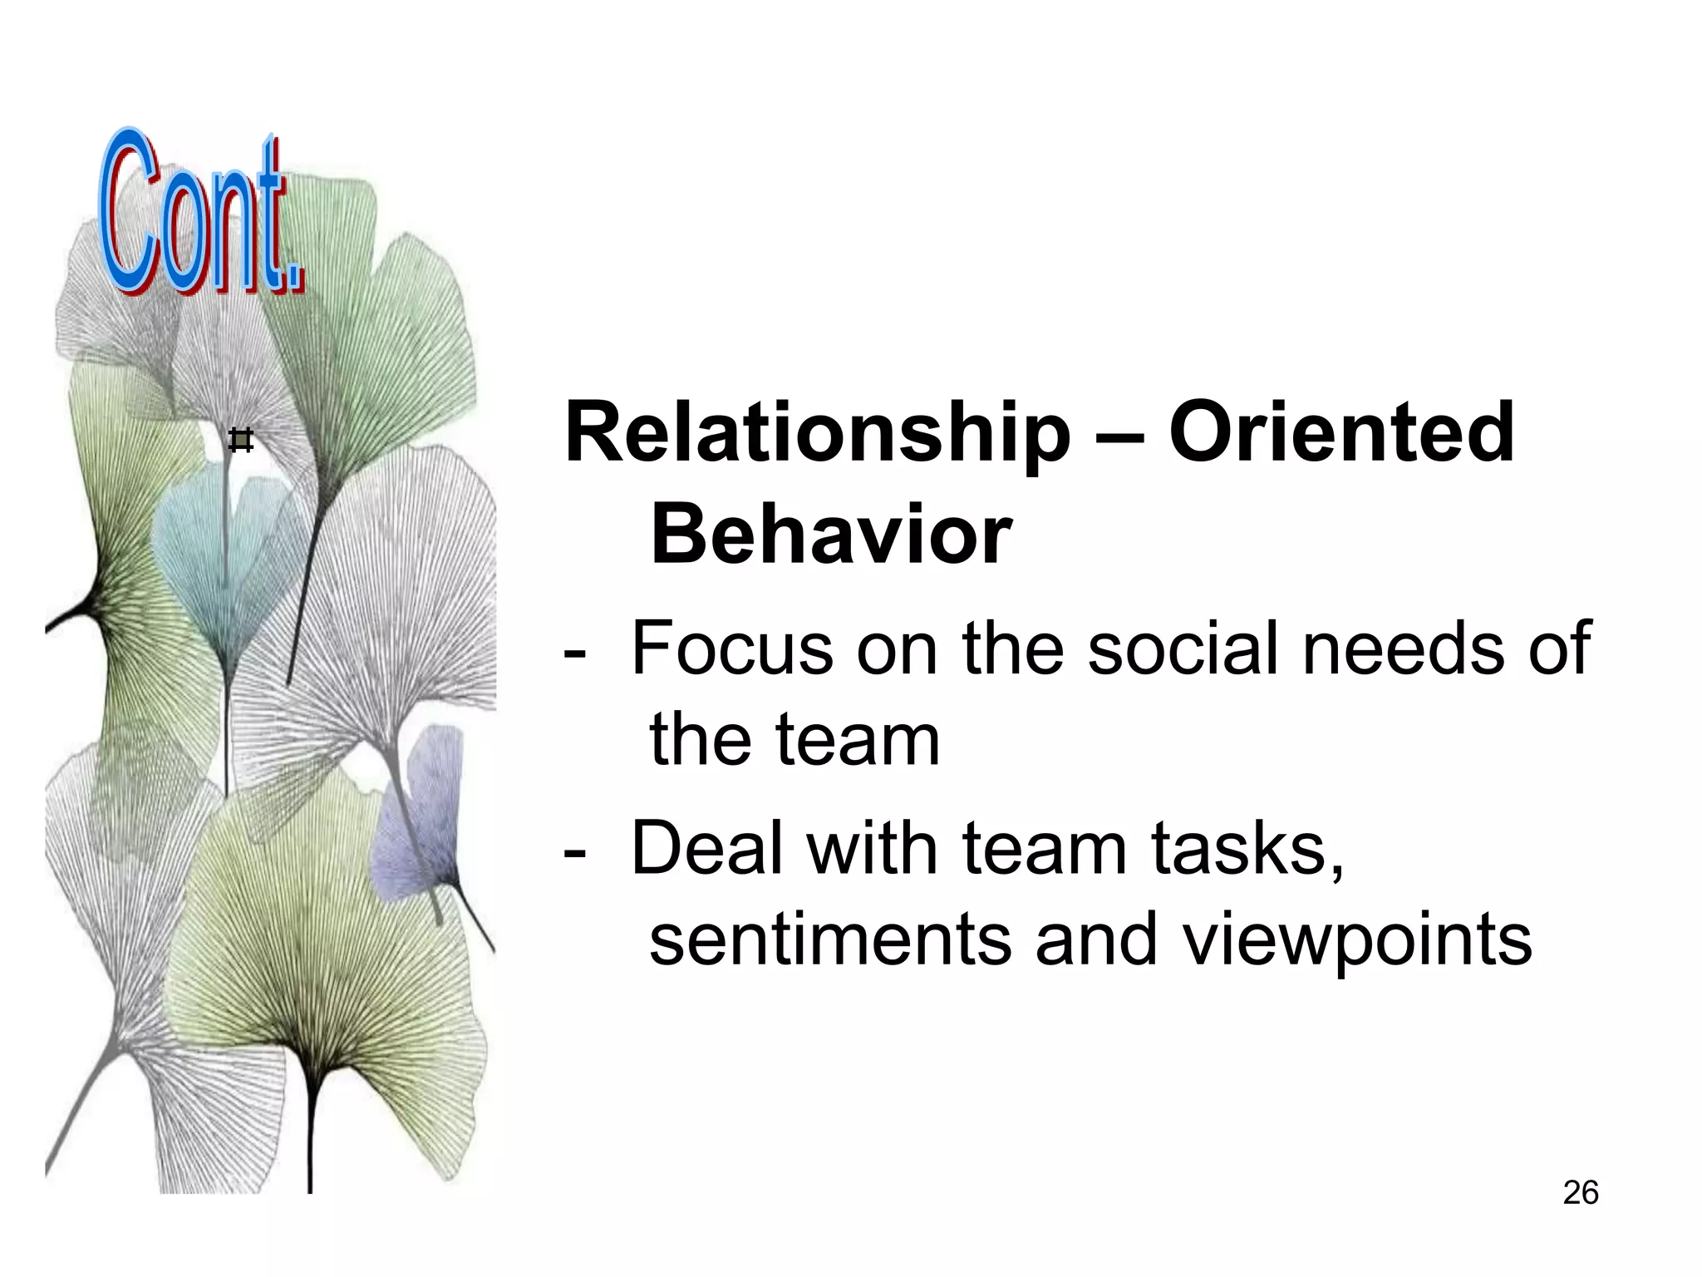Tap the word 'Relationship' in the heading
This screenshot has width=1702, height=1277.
point(816,434)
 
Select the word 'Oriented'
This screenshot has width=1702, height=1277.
point(1341,432)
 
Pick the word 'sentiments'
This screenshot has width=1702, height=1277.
point(830,940)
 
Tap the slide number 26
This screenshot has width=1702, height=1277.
point(1580,1193)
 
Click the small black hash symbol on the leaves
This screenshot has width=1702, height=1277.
point(240,440)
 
